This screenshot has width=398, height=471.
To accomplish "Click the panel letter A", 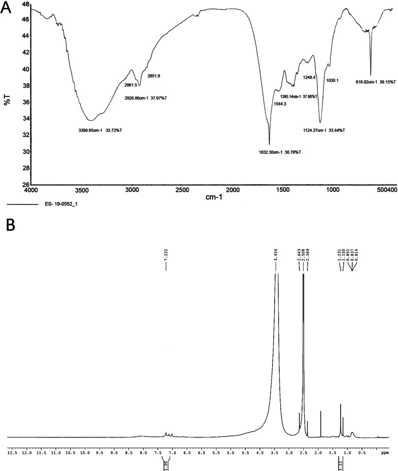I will [x=7, y=9].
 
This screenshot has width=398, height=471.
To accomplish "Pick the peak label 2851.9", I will [x=154, y=76].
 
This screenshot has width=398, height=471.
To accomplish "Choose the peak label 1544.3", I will [x=281, y=105].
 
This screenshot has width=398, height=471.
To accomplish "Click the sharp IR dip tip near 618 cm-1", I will [x=371, y=75].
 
